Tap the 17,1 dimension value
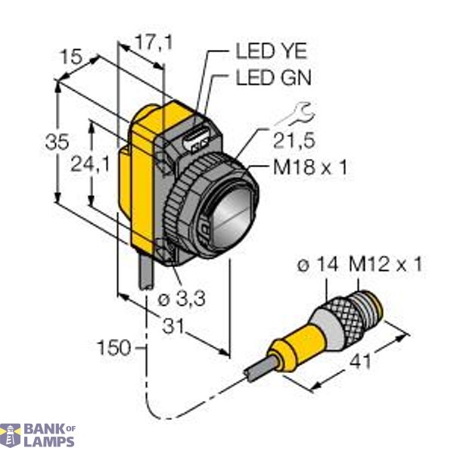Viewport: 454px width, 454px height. (154, 44)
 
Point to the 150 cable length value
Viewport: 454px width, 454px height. (115, 349)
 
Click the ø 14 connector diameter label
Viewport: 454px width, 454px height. (319, 266)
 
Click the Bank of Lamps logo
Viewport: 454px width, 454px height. (38, 436)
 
